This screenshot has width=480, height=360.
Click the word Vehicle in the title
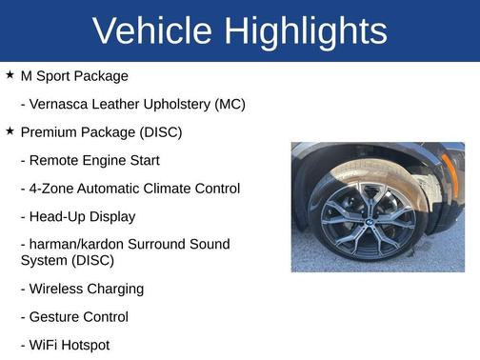153,31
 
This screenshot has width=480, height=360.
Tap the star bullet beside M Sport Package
10,74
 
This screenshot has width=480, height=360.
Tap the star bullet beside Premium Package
10,130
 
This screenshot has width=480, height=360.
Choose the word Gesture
58,316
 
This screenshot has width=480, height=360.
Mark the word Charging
118,289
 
